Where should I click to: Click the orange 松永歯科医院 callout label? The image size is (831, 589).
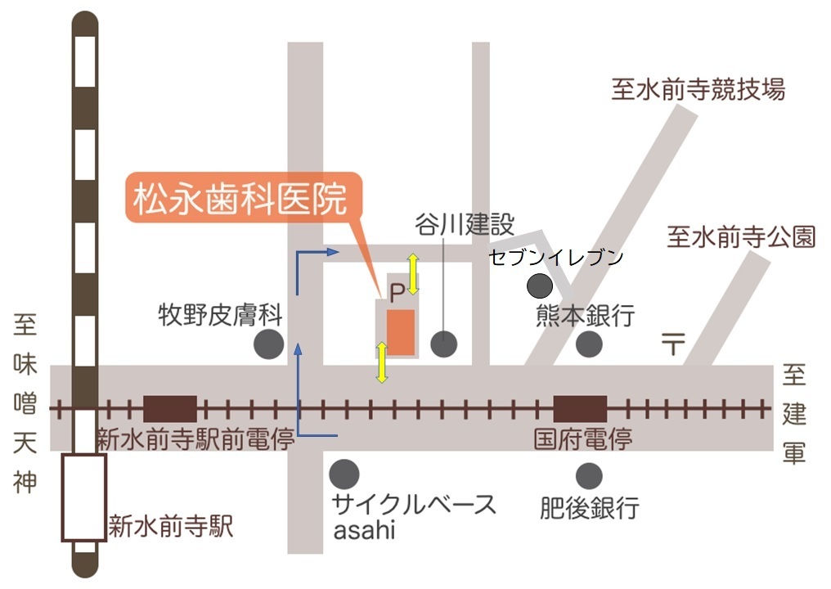tap(241, 200)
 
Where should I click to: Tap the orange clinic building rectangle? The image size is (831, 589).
tap(401, 332)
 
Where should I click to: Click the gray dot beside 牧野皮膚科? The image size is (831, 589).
tap(269, 344)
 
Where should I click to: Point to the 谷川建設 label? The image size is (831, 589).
tap(464, 224)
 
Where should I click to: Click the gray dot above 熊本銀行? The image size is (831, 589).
tap(539, 286)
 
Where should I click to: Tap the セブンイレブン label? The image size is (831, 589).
tap(556, 258)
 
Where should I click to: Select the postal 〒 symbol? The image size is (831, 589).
tap(672, 344)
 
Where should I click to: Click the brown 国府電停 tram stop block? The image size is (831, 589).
tap(580, 408)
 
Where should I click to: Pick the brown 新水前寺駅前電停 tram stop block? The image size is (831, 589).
tap(170, 408)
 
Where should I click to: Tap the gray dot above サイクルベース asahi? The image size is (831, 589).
tap(344, 474)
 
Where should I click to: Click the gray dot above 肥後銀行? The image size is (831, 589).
tap(589, 474)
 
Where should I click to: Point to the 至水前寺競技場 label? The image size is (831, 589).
tap(698, 89)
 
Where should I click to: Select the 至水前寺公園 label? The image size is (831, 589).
tap(741, 237)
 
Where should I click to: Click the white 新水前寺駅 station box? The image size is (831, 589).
tap(84, 497)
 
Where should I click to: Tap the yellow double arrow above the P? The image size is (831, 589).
tap(414, 274)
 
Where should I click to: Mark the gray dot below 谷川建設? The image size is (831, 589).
tap(443, 344)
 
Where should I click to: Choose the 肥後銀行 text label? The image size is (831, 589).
tap(589, 508)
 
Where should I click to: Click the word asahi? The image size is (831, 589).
tap(364, 530)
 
